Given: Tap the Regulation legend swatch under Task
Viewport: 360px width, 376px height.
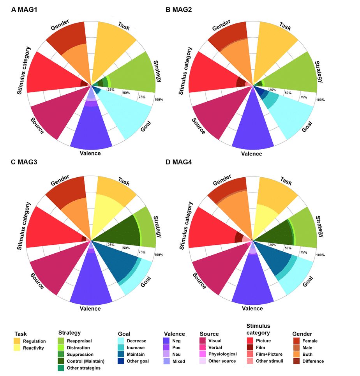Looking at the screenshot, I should click(x=17, y=341).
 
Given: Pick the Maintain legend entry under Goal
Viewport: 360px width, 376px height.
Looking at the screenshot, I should click(x=135, y=354).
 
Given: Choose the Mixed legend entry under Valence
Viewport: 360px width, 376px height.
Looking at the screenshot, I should click(x=178, y=361).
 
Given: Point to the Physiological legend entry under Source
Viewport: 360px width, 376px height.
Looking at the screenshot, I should click(x=222, y=354).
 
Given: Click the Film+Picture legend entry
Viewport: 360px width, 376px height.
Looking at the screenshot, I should click(x=269, y=354).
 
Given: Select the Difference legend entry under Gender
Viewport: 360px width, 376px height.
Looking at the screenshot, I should click(x=313, y=361).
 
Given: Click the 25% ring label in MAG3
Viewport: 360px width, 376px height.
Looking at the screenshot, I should click(x=111, y=245).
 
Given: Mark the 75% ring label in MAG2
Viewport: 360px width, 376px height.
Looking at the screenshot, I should click(x=303, y=97).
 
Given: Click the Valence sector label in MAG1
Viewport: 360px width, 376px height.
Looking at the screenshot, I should click(x=90, y=153).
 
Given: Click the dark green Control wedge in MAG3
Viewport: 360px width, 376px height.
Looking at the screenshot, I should click(x=117, y=234).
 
